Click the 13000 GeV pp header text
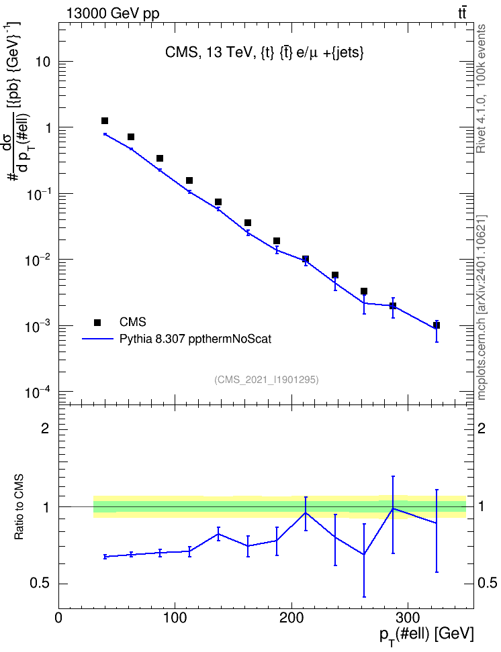(112, 13)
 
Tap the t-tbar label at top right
(462, 13)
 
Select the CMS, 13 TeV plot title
(265, 52)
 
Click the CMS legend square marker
(97, 322)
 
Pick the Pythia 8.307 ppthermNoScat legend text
(195, 339)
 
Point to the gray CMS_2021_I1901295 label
(267, 379)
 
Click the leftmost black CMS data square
(105, 121)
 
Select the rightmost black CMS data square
(437, 325)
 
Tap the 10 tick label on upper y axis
(42, 62)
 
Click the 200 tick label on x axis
(291, 618)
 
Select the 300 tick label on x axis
(407, 618)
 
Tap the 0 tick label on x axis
(58, 618)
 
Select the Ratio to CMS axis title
(19, 507)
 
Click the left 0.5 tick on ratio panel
(40, 584)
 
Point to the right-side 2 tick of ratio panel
(482, 428)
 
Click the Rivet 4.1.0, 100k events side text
(481, 89)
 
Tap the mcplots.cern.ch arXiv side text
(482, 307)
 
